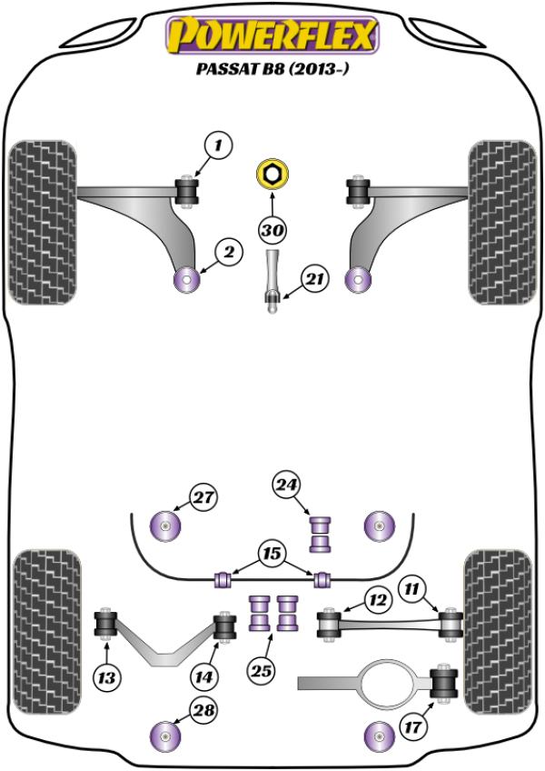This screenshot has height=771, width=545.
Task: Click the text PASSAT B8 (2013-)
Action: point(271,68)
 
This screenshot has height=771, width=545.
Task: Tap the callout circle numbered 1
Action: point(218,144)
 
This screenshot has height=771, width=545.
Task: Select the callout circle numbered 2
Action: point(229,253)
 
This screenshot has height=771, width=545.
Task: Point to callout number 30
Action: point(272,230)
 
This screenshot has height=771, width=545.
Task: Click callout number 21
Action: point(313,281)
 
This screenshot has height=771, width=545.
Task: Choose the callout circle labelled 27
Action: point(203,497)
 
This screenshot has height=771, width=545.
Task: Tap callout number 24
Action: point(287,486)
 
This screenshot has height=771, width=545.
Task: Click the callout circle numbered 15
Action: point(270,553)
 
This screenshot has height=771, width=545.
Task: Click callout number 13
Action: point(108,676)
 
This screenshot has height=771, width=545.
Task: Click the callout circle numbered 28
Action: point(203,711)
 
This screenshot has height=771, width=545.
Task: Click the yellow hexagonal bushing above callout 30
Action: point(272,174)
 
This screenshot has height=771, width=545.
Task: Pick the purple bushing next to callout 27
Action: point(166,526)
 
